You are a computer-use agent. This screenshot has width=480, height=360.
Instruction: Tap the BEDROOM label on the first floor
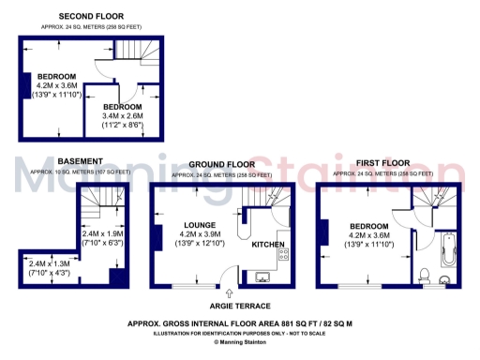pos(370,227)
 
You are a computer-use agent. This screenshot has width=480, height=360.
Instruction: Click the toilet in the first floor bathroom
pos(425,275)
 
